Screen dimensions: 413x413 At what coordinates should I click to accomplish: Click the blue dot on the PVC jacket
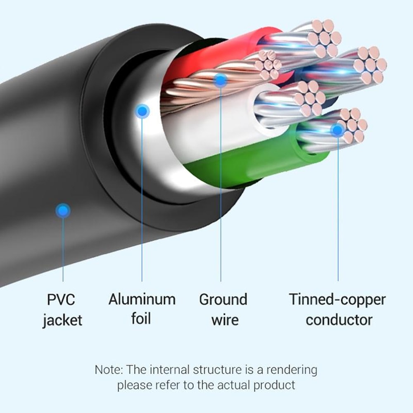coord(63,211)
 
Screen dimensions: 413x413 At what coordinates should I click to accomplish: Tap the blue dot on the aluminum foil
coord(142,111)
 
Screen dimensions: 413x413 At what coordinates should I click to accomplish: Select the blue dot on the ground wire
coord(221,80)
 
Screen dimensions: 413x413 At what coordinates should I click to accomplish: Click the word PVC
coord(61,299)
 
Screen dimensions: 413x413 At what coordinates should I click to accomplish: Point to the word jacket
coord(62,320)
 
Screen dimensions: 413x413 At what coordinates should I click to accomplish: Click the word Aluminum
coord(142,299)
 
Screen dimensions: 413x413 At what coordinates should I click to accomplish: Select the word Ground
coord(223,299)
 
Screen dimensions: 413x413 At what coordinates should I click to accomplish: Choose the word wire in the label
coord(225,320)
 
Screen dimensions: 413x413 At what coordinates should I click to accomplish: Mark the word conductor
coord(339,320)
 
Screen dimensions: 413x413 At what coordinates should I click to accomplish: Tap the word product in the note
coord(274,385)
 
